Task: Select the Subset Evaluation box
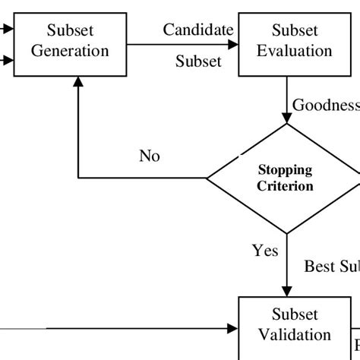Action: pyautogui.click(x=286, y=42)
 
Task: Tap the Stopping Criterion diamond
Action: pyautogui.click(x=285, y=178)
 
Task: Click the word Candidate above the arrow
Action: pyautogui.click(x=197, y=30)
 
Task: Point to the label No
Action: pyautogui.click(x=150, y=156)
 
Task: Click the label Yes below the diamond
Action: pyautogui.click(x=264, y=250)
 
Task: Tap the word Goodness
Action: pyautogui.click(x=325, y=105)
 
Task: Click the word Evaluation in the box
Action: pyautogui.click(x=296, y=51)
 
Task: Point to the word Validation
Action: pyautogui.click(x=295, y=334)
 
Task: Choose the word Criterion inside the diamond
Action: pyautogui.click(x=286, y=185)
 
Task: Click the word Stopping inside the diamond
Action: pyautogui.click(x=286, y=170)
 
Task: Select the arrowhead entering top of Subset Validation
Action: pyautogui.click(x=286, y=291)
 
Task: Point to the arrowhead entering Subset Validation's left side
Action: pyautogui.click(x=233, y=328)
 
